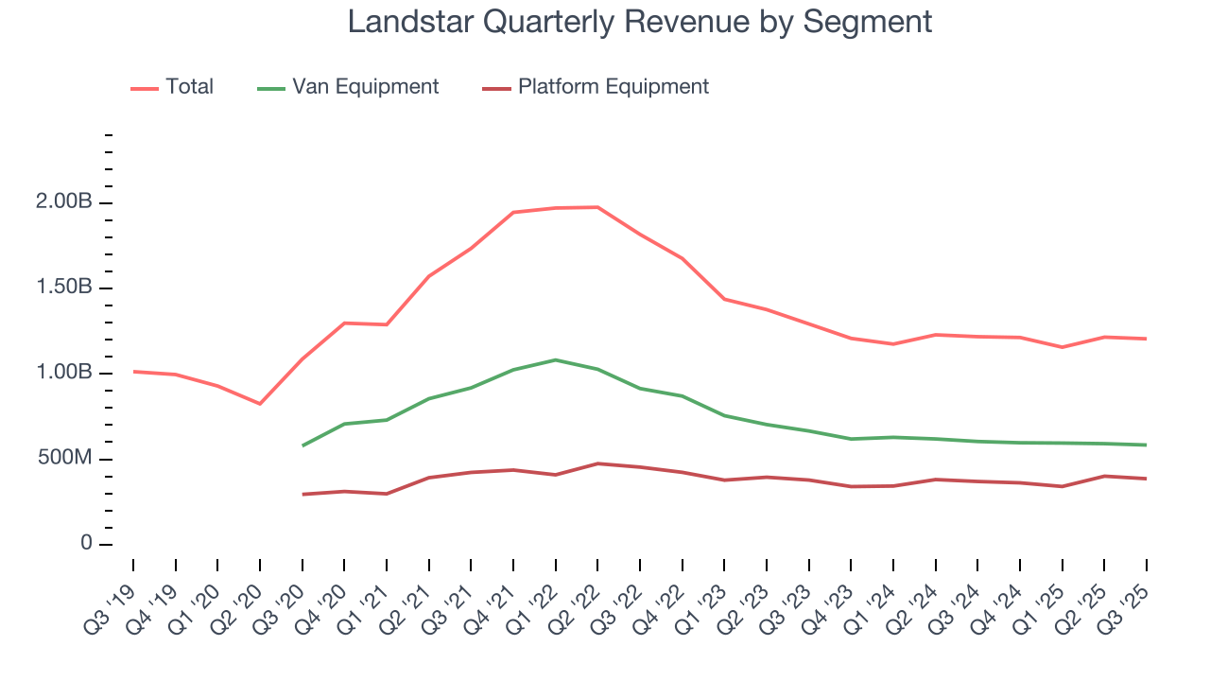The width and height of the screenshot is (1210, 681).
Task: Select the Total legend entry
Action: (x=189, y=87)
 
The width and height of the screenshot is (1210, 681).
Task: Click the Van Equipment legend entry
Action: (x=365, y=87)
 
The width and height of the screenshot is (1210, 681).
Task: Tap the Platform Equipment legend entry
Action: (x=613, y=87)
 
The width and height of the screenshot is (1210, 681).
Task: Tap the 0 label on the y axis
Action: (x=86, y=544)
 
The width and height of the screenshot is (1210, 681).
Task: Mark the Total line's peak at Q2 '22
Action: (x=597, y=207)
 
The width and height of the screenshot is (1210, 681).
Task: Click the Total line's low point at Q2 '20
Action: (x=260, y=404)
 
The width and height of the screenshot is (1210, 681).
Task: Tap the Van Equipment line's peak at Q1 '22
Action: (x=555, y=359)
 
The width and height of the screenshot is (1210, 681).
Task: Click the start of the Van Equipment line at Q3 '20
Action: (x=302, y=445)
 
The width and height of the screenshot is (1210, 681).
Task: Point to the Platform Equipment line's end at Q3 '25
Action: (x=1147, y=479)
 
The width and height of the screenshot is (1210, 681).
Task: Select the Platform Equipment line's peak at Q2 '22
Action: (x=597, y=463)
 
